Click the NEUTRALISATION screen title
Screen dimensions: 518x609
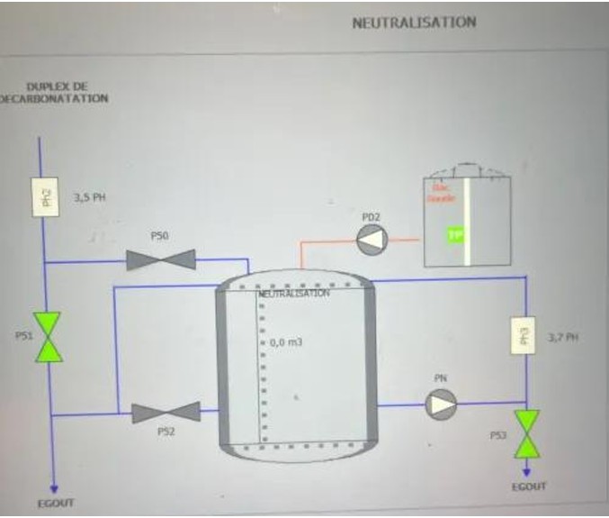(x=414, y=23)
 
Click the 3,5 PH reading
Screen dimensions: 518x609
(x=90, y=198)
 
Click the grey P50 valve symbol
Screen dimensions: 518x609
(x=161, y=260)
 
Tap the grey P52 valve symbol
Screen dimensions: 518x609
(x=166, y=413)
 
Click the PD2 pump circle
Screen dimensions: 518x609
(x=371, y=240)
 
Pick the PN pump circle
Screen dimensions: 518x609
(x=441, y=405)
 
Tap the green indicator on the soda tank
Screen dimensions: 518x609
(x=457, y=234)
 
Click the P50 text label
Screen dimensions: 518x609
(x=161, y=235)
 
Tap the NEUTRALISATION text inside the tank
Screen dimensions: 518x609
(x=294, y=294)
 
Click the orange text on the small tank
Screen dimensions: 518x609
(x=441, y=195)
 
